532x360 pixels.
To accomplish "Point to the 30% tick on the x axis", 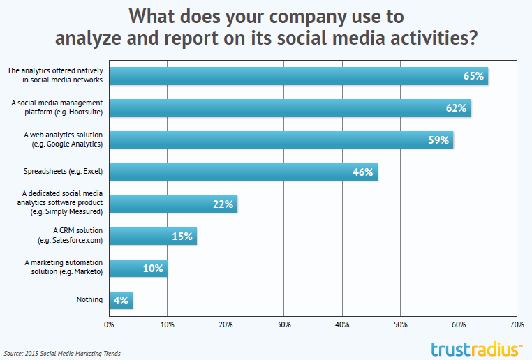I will [283, 324].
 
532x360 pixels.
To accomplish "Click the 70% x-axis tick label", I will [517, 324].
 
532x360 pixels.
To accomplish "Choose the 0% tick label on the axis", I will [108, 324].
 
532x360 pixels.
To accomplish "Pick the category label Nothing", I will [90, 300].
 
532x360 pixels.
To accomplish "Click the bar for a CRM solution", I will [152, 236].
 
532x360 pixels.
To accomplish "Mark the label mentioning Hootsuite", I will [57, 107].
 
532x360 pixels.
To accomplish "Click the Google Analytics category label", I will [62, 139].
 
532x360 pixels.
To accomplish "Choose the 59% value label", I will [439, 140].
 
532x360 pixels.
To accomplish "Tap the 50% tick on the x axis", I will [401, 324].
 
